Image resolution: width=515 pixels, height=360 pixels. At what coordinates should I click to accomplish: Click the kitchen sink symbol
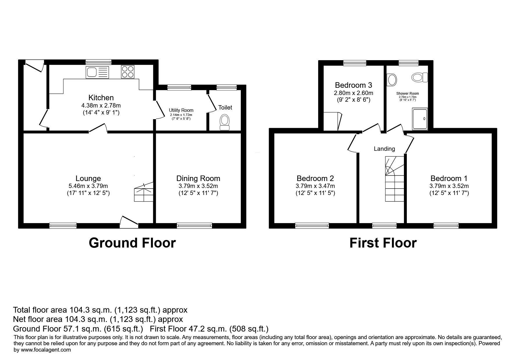[97, 72]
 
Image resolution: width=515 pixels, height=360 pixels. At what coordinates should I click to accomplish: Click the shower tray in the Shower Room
[420, 119]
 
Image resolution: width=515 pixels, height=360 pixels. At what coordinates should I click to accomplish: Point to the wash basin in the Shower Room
[392, 80]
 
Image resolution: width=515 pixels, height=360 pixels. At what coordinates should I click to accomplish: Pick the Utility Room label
[181, 110]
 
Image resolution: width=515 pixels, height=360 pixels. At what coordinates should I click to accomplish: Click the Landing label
[384, 149]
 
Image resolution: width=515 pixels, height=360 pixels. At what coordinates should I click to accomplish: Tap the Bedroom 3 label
[353, 85]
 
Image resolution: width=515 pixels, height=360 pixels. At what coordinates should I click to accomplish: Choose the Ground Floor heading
[132, 243]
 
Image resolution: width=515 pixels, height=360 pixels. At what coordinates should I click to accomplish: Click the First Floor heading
[383, 243]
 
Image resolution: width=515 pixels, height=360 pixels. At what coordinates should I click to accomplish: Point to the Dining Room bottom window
[195, 225]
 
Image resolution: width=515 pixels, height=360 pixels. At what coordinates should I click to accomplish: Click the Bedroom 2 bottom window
[312, 225]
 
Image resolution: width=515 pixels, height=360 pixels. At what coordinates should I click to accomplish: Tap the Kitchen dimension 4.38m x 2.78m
[101, 105]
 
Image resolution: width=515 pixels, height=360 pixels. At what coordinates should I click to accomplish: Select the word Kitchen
[101, 98]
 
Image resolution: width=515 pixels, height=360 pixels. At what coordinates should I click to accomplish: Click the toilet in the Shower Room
[420, 78]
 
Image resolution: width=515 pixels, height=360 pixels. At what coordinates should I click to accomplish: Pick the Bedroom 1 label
[449, 178]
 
